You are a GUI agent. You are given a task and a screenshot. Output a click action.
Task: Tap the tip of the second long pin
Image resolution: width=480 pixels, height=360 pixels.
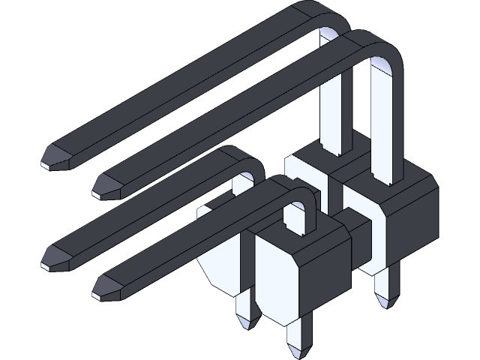coord(106,185)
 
